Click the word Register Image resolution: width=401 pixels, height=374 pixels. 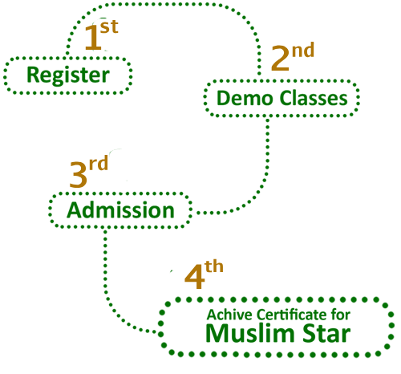[x=68, y=75]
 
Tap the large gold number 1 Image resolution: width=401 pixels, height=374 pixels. [x=93, y=38]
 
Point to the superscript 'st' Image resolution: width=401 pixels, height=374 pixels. [x=109, y=26]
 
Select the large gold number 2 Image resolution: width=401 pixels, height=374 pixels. [x=280, y=58]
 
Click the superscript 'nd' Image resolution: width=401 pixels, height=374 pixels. [x=303, y=51]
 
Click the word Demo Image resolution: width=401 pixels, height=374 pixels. [x=244, y=99]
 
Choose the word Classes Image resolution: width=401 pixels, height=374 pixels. [x=314, y=98]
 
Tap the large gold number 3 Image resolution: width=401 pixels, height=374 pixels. [x=79, y=175]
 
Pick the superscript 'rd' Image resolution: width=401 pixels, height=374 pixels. [x=99, y=164]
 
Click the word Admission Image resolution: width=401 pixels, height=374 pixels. [x=120, y=210]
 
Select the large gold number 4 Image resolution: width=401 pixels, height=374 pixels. [x=195, y=277]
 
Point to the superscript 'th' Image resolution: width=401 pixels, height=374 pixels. [x=214, y=266]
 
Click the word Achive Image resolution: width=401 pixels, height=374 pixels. [x=229, y=315]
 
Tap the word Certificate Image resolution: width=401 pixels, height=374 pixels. [x=293, y=315]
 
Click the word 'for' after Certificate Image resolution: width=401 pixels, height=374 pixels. [x=342, y=315]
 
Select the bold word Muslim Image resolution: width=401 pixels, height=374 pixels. [x=250, y=333]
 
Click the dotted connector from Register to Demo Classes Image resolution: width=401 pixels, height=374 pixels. [x=163, y=4]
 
